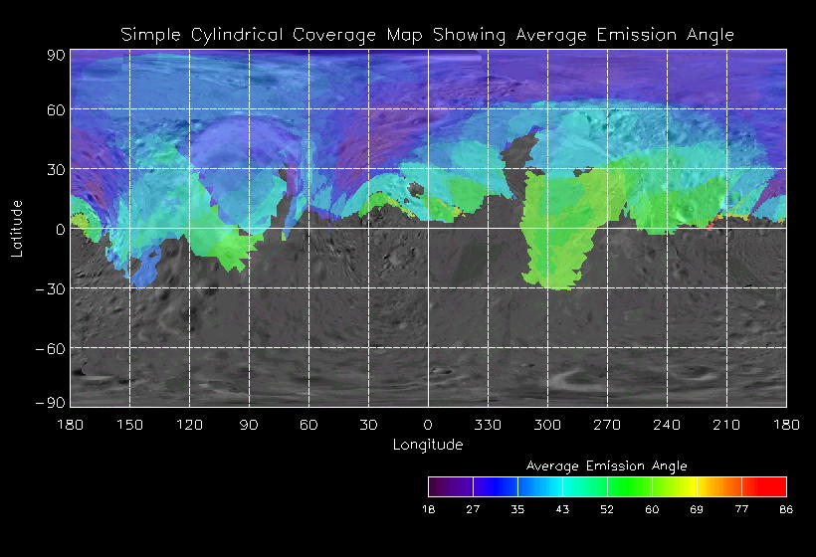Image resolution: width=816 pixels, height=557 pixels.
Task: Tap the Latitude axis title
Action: click(17, 228)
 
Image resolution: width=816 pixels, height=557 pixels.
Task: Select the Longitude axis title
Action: click(428, 445)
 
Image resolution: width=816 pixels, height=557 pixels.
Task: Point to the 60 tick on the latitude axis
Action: click(55, 110)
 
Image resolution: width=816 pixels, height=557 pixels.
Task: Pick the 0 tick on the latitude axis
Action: click(60, 229)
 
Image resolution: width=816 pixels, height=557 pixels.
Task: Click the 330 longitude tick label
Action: click(488, 425)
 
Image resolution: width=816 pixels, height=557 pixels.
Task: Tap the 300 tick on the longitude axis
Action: click(547, 425)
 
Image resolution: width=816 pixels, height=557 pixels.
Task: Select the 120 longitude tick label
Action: click(189, 425)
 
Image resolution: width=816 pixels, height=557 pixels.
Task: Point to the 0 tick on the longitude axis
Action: click(428, 425)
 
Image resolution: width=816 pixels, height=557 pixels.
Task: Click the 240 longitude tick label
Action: click(667, 425)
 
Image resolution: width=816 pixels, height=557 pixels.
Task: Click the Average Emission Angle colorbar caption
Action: click(606, 465)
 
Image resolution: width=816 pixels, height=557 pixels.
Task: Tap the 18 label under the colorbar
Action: click(429, 509)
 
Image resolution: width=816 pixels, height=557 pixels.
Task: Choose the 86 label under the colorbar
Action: click(786, 509)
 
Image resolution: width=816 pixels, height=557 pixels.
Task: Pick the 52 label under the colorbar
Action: click(607, 509)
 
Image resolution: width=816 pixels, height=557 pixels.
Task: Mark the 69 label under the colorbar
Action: click(697, 509)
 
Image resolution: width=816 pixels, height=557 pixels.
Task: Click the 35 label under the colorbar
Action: click(517, 509)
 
